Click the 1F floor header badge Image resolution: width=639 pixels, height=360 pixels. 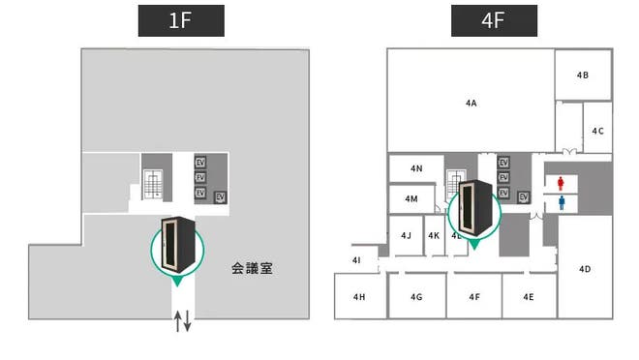pos(181,20)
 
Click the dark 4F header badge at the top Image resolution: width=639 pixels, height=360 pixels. pos(494,20)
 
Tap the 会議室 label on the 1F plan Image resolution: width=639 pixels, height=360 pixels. pos(252,268)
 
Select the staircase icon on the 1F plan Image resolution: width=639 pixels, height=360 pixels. pos(153,183)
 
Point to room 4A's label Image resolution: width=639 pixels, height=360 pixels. pos(472,102)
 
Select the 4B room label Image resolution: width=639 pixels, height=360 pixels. pos(583,75)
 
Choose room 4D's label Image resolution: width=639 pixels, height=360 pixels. pos(585,269)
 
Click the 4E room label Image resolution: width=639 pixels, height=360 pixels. pos(528,297)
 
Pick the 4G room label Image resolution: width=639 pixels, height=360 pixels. pos(416,297)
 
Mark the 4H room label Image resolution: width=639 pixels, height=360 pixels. pos(359,297)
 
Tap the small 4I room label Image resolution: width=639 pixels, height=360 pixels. pos(356,260)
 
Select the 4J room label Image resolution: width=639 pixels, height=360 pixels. pos(407,235)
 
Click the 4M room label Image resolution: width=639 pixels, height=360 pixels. pos(411,198)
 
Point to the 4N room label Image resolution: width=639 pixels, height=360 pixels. pos(416,168)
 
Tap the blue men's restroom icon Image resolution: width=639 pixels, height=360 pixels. pos(562,202)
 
